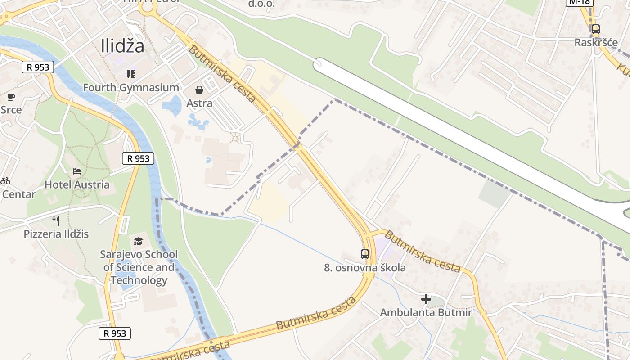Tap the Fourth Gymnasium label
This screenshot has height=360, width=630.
pos(131,87)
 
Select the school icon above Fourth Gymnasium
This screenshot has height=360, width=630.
pos(131,74)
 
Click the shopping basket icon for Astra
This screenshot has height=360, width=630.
pos(199,90)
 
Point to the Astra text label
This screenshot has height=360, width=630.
pos(199,103)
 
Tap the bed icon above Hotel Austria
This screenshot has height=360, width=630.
pos(77,171)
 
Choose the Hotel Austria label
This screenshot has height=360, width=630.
pos(77,184)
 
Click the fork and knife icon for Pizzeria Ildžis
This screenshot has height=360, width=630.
pos(56,220)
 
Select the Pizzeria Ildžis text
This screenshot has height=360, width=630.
pos(56,234)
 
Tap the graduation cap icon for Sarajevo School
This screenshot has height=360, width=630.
pos(139,241)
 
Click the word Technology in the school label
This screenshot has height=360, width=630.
pos(139,280)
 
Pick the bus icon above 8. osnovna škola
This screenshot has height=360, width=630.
pos(365,254)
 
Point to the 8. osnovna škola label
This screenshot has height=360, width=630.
pos(365,268)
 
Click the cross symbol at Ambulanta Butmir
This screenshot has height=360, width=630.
pos(426,299)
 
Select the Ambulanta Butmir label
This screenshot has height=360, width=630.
pos(426,312)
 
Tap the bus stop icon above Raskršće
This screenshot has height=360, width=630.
pos(596,29)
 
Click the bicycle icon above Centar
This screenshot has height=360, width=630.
pos(5,181)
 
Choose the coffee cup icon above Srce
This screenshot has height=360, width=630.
pos(11,97)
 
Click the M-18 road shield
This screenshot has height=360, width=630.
pos(580,2)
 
